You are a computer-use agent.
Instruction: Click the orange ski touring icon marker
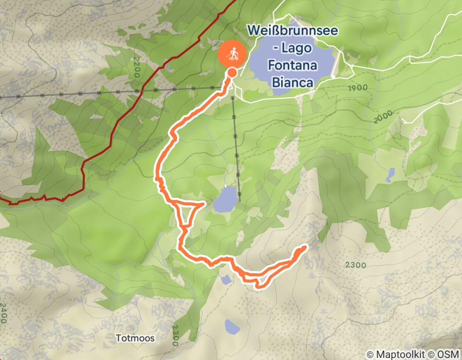(232, 53)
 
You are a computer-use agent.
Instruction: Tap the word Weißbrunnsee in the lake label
(292, 30)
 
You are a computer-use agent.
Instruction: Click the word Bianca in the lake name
(292, 82)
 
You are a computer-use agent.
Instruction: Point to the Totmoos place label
(135, 338)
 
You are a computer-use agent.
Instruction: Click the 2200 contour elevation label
(136, 67)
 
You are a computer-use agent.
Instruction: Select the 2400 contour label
(5, 314)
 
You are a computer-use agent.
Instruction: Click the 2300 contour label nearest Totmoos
(176, 335)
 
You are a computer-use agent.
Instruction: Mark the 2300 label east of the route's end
(356, 265)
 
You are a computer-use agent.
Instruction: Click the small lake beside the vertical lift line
(225, 200)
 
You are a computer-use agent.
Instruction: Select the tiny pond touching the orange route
(225, 279)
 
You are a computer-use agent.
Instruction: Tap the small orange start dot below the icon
(232, 73)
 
